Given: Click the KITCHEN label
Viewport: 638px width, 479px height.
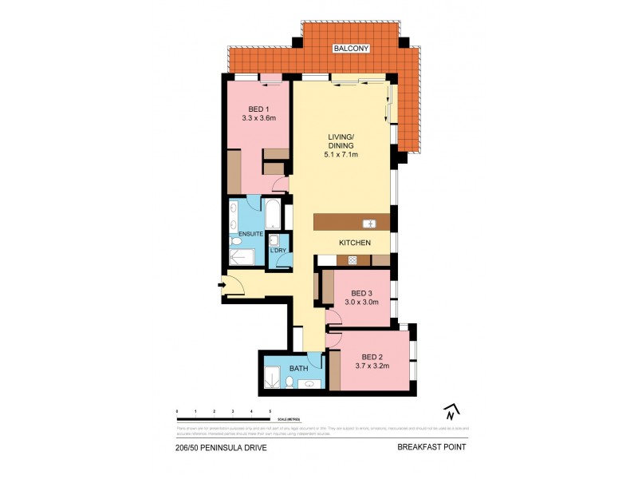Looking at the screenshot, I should [355, 242].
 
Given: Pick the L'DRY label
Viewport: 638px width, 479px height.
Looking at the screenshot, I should [278, 251].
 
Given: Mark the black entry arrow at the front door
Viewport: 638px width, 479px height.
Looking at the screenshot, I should [221, 281].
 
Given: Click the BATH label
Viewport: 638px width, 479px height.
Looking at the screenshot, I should [298, 369].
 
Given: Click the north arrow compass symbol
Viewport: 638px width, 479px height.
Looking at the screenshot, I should [451, 412].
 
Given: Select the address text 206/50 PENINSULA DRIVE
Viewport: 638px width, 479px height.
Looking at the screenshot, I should [221, 448].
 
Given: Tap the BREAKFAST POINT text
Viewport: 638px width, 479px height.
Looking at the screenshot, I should [431, 448].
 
